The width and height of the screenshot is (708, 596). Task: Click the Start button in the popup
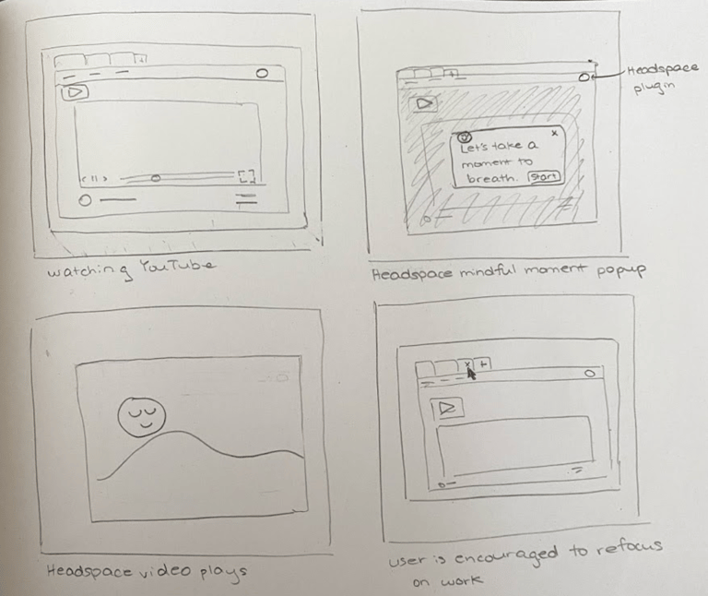pos(544,176)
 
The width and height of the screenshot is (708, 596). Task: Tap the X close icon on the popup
pos(554,133)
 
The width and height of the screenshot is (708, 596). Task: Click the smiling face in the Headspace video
pos(142,417)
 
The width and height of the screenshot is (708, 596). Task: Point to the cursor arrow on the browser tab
pos(471,375)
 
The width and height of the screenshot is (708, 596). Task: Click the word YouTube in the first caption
pos(176,266)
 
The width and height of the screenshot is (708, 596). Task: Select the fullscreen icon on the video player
pos(247,176)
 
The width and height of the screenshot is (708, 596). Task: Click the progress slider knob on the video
pos(155,179)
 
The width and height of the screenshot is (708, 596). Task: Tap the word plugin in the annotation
pos(655,89)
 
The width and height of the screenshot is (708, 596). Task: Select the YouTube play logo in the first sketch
pos(75,92)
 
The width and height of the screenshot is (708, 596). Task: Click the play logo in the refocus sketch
pos(447,408)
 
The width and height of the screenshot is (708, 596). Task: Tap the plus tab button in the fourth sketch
pos(483,364)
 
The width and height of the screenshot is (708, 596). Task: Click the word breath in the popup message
pos(490,178)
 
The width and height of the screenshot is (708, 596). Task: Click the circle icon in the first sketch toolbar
pos(262,73)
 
